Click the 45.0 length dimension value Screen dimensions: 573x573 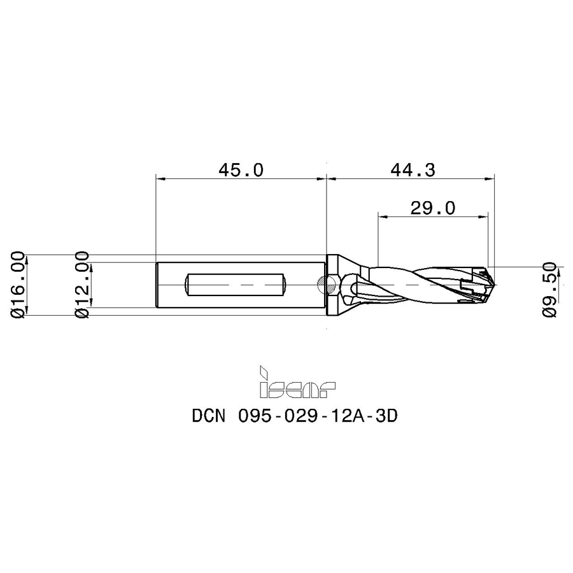click(x=241, y=170)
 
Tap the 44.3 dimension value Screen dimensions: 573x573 click(x=413, y=170)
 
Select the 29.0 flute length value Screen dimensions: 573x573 click(x=433, y=208)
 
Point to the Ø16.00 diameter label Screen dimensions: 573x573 click(x=18, y=285)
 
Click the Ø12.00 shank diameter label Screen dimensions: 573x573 click(x=82, y=285)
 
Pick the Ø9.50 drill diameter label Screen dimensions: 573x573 click(x=549, y=290)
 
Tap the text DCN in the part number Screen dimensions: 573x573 click(x=209, y=416)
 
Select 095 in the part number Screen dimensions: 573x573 click(x=254, y=416)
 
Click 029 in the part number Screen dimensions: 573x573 click(x=301, y=416)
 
